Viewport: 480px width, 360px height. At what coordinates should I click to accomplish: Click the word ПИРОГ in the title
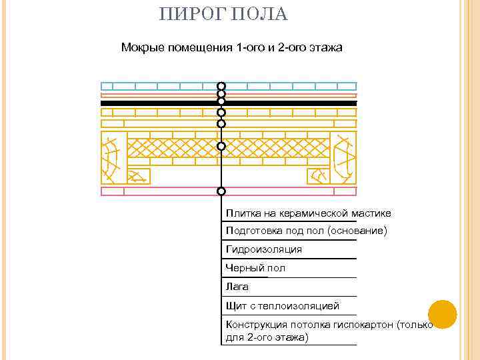(x=189, y=15)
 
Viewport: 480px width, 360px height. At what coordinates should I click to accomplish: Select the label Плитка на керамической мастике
(x=308, y=213)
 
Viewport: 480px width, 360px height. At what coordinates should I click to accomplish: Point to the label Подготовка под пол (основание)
(x=306, y=231)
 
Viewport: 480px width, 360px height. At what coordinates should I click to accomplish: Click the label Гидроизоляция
(x=264, y=249)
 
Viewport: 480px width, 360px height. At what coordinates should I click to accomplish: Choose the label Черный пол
(x=255, y=268)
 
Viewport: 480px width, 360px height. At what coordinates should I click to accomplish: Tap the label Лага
(x=237, y=287)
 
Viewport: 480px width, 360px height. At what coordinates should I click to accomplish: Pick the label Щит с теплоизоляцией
(x=283, y=306)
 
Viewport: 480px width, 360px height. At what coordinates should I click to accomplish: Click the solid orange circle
(x=441, y=314)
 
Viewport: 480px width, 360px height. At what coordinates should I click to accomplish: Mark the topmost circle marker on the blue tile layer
(x=221, y=87)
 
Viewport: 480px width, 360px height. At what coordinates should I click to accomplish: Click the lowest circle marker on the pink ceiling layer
(x=221, y=191)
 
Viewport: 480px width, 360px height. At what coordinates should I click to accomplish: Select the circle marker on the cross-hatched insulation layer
(x=221, y=146)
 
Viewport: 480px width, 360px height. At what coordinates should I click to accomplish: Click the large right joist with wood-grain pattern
(x=344, y=157)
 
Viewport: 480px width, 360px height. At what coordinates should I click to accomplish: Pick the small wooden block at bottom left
(x=138, y=176)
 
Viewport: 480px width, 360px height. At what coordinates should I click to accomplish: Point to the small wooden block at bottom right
(x=318, y=176)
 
